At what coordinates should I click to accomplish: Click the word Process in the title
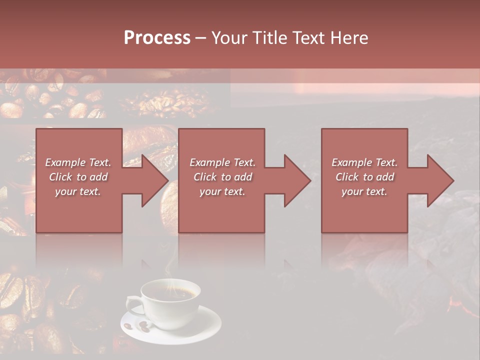157,38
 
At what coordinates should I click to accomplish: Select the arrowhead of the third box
439,180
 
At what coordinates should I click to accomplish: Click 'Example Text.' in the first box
78,162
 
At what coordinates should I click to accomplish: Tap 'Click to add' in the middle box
222,177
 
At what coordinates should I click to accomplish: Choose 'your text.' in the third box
364,191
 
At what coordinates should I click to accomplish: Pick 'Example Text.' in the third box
364,162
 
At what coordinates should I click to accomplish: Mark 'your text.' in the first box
78,191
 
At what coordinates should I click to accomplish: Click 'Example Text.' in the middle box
222,162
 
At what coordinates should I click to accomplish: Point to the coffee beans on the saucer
137,327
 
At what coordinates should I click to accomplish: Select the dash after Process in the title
200,38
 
